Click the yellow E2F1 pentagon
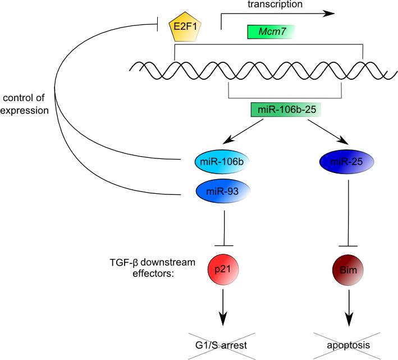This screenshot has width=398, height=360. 185,27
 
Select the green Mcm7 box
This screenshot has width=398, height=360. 271,32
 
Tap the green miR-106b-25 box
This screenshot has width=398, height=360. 286,110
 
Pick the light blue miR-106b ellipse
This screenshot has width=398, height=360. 222,162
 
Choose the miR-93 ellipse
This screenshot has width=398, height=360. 223,191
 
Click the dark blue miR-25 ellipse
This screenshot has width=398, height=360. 346,162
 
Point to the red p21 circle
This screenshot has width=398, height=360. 223,270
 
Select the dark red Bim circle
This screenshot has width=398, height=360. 348,270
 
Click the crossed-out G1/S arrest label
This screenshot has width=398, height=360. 221,345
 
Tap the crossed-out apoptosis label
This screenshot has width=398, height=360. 348,345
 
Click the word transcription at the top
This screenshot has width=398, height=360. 275,4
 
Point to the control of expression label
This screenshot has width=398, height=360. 24,104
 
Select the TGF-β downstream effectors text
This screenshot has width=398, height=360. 153,267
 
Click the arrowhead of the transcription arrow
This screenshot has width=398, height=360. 331,13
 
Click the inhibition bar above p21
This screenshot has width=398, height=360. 224,245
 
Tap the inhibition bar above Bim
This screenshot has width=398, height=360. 348,246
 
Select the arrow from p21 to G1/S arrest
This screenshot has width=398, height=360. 223,307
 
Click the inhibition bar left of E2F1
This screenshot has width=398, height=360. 158,24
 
